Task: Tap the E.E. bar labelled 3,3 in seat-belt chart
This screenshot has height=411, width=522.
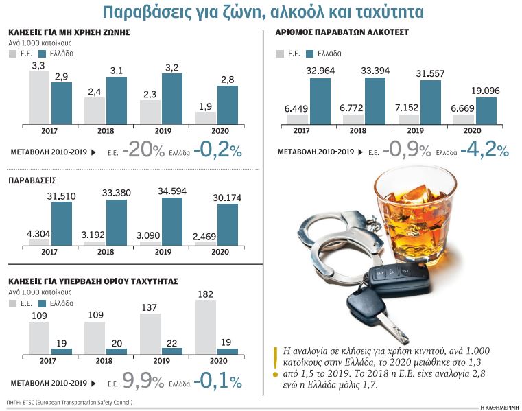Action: point(39,96)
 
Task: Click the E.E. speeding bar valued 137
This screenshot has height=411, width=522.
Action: point(150,333)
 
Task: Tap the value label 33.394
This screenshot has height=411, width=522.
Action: point(375,71)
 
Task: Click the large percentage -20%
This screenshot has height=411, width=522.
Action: point(143,151)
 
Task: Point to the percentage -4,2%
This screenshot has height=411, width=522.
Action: point(484,151)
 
